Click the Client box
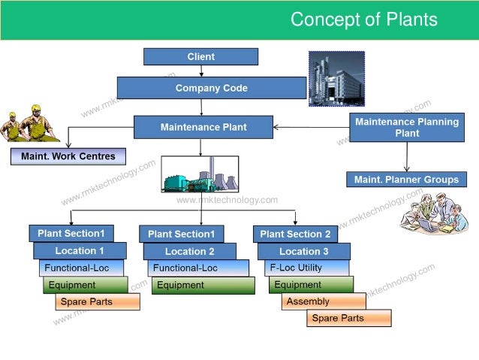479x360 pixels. pyautogui.click(x=200, y=56)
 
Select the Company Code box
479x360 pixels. pyautogui.click(x=211, y=88)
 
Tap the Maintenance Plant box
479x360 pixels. pyautogui.click(x=203, y=127)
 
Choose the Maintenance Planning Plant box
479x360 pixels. pyautogui.click(x=407, y=127)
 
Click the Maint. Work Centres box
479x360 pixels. pyautogui.click(x=68, y=156)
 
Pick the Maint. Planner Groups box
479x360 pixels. pyautogui.click(x=406, y=180)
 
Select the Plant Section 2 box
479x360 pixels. pyautogui.click(x=295, y=234)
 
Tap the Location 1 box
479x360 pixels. pyautogui.click(x=80, y=250)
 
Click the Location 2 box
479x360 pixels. pyautogui.click(x=189, y=251)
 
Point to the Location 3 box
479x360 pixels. pyautogui.click(x=304, y=251)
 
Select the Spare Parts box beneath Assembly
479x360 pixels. pyautogui.click(x=348, y=318)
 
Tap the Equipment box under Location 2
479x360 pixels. pyautogui.click(x=203, y=285)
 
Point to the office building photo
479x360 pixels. pyautogui.click(x=336, y=78)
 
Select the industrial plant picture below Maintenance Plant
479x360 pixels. pyautogui.click(x=200, y=174)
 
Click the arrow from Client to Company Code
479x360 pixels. pyautogui.click(x=201, y=71)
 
